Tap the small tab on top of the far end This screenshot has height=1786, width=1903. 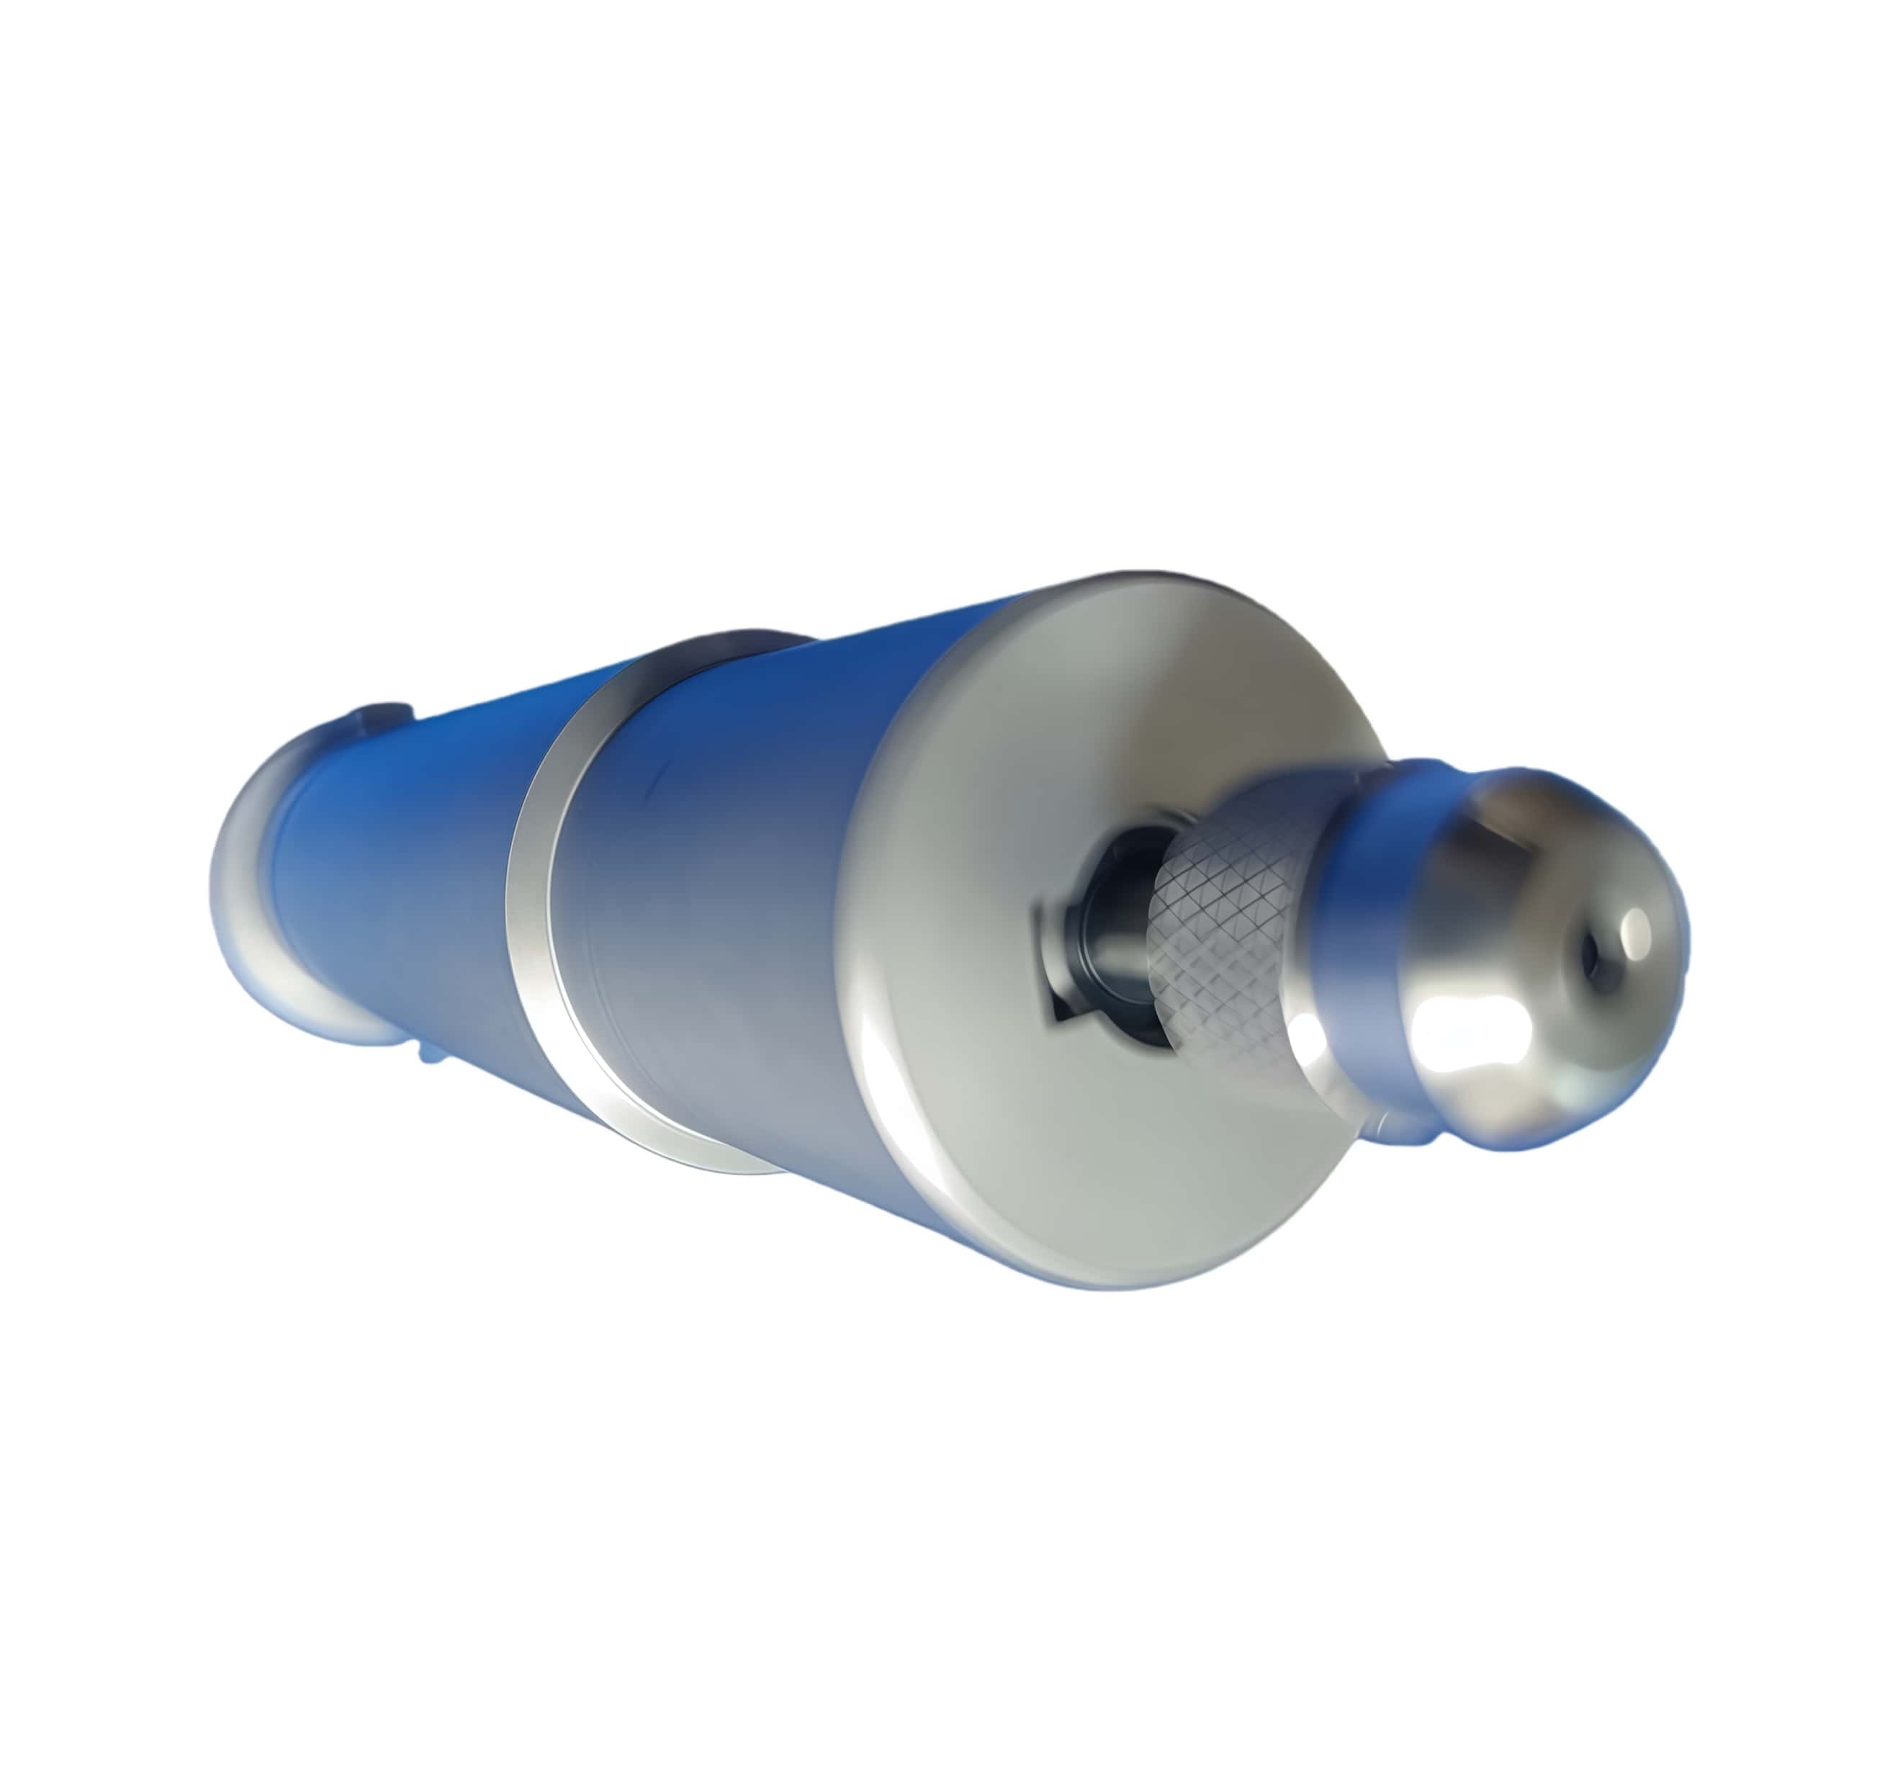[x=383, y=714]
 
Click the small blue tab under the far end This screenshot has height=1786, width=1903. [x=431, y=1054]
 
